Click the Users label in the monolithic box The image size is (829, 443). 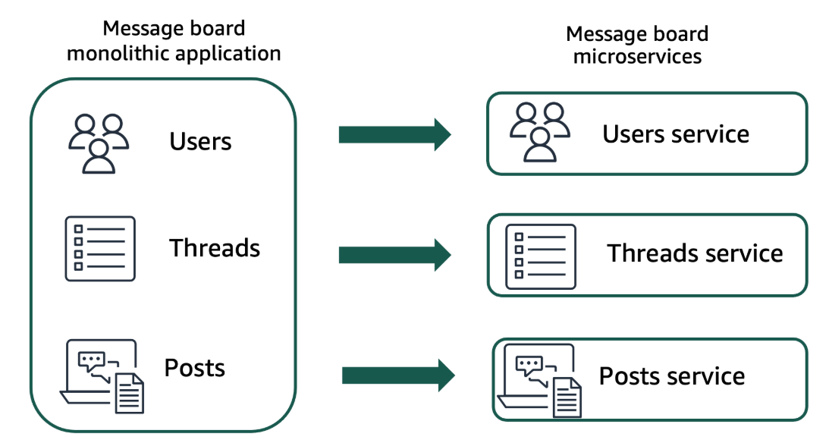click(x=200, y=142)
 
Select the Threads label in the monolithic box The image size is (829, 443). click(x=215, y=248)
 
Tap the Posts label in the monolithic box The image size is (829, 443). click(x=195, y=368)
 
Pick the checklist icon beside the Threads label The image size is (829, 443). click(x=100, y=249)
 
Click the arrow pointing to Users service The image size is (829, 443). click(x=394, y=135)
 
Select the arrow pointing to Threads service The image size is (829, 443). click(x=394, y=253)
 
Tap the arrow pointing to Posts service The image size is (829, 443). click(x=398, y=375)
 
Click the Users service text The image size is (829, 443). click(x=676, y=134)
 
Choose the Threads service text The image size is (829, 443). click(x=695, y=253)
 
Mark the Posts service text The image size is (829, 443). click(x=672, y=376)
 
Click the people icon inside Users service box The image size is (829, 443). click(x=539, y=133)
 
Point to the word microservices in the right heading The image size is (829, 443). click(x=637, y=57)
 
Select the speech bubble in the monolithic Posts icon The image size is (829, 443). click(x=92, y=358)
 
